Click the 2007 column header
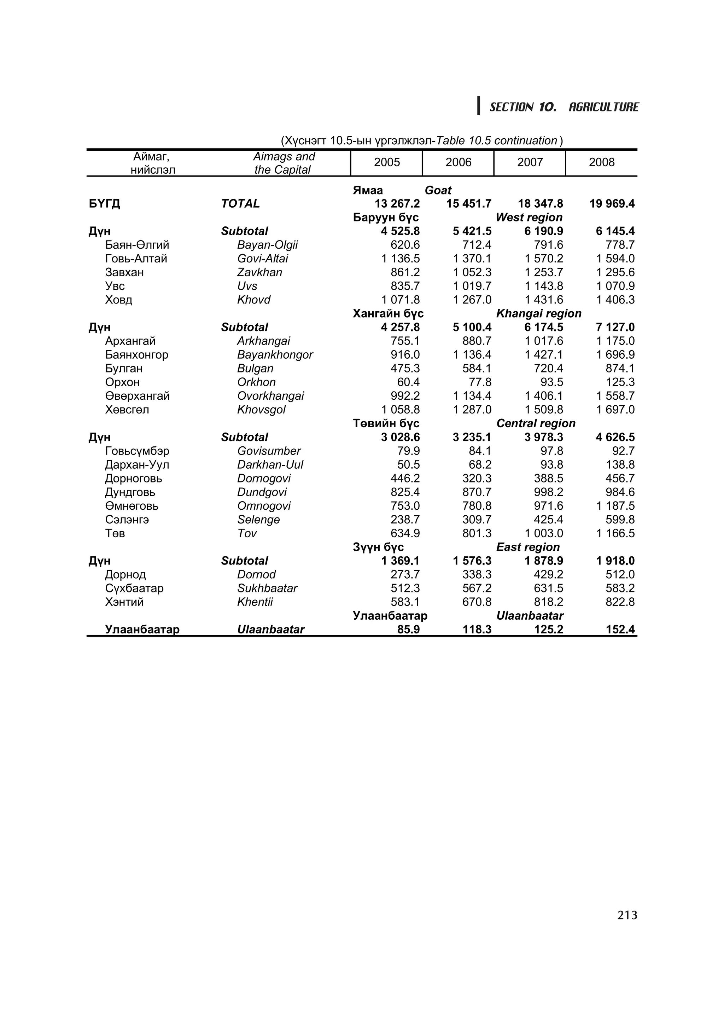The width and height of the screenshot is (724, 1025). (x=530, y=162)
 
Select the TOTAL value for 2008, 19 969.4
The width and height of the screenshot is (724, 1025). (x=612, y=204)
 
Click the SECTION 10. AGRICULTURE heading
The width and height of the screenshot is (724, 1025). (x=564, y=107)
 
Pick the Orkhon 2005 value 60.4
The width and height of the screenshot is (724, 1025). (x=408, y=382)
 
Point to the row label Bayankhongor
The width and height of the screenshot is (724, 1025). (x=275, y=354)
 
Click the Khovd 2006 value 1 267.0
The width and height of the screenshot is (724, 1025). (x=472, y=300)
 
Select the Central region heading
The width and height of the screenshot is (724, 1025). (x=535, y=423)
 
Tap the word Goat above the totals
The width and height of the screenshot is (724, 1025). (x=438, y=190)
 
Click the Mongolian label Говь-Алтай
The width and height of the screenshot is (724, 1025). (x=136, y=259)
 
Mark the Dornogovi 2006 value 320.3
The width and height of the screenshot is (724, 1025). (x=477, y=478)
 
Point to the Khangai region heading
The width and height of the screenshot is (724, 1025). (x=538, y=313)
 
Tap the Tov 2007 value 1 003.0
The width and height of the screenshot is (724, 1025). (x=543, y=533)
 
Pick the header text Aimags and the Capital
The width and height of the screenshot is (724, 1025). (x=283, y=163)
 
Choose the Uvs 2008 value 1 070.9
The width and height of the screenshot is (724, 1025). (x=615, y=286)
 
